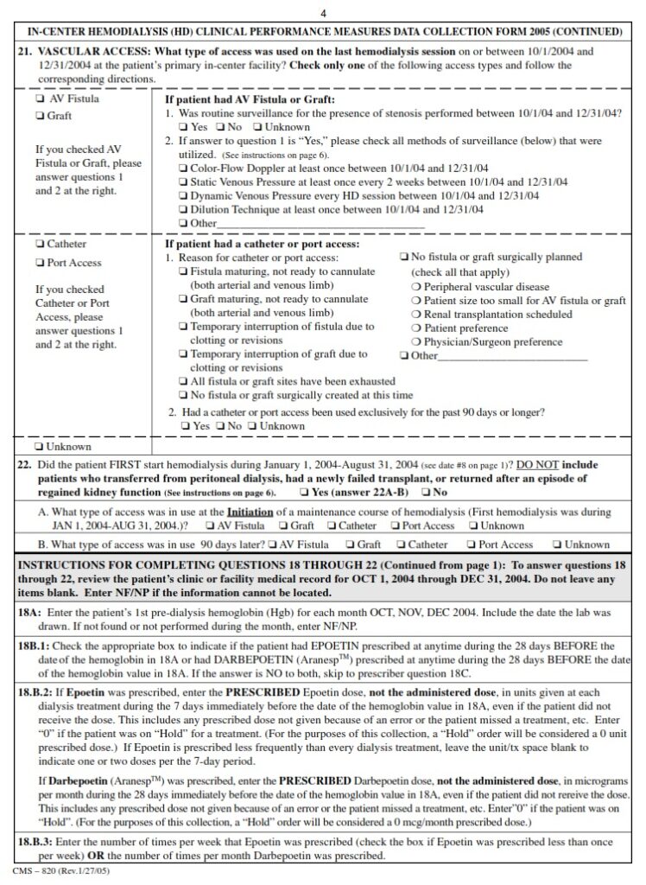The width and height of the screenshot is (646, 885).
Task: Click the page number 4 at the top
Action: click(323, 12)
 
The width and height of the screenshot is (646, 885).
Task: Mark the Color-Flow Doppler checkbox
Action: click(182, 168)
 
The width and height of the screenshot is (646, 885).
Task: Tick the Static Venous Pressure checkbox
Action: click(182, 181)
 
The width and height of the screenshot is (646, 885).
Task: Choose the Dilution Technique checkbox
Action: click(182, 209)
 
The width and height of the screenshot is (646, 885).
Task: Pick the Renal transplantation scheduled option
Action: click(416, 315)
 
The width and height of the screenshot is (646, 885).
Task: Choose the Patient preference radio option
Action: click(416, 328)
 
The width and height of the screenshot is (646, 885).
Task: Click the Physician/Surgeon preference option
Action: click(416, 342)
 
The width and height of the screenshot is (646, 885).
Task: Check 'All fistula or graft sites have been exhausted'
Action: click(182, 381)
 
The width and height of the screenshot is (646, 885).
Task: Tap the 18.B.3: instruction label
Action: click(38, 842)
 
